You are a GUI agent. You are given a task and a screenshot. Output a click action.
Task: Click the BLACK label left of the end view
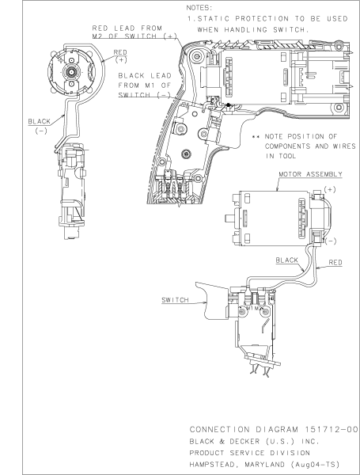pyautogui.click(x=38, y=123)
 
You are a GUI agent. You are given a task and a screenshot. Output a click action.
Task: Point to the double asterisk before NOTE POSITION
pyautogui.click(x=256, y=137)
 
